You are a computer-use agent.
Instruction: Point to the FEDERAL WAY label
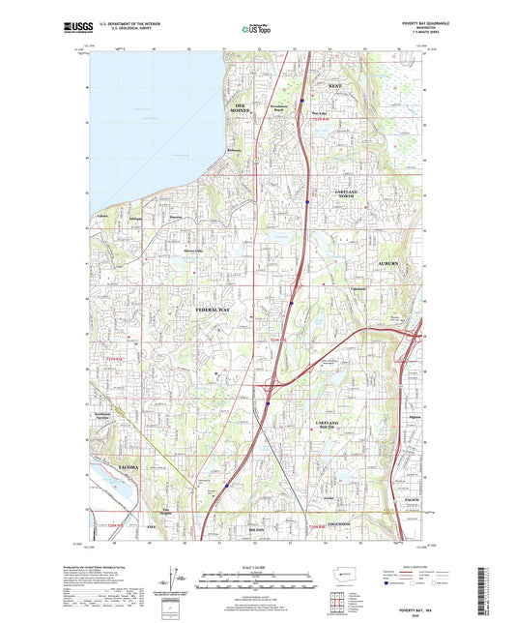(214, 309)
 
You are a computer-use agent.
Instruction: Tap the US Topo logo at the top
(257, 30)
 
